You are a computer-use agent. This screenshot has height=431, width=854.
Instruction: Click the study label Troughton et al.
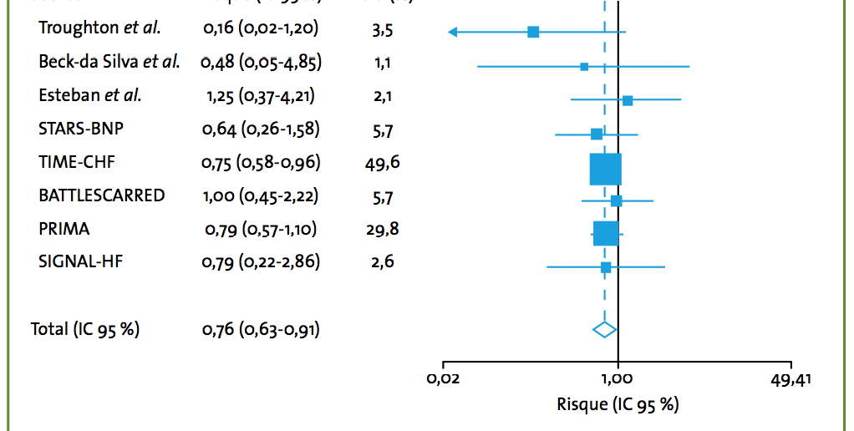click(99, 28)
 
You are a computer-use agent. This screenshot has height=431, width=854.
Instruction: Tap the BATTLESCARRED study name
click(101, 195)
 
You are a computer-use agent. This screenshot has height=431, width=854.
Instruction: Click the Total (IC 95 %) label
click(85, 329)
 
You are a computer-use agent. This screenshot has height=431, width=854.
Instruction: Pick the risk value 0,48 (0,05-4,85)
click(262, 62)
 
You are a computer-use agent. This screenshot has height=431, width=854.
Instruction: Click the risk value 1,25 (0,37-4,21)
click(261, 96)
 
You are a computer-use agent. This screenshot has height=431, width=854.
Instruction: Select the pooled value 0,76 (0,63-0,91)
click(261, 329)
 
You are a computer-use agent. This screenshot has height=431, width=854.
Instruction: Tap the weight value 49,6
click(383, 162)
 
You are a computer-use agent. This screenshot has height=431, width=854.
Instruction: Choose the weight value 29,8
click(383, 229)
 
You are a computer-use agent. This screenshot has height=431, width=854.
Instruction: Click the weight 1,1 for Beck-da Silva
click(383, 62)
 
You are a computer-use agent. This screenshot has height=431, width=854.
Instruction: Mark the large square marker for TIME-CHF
click(606, 169)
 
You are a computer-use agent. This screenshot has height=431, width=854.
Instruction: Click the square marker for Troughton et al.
click(533, 32)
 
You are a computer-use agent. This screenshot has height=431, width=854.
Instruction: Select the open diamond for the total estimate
click(604, 329)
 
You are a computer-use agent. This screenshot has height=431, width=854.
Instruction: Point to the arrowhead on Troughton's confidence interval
click(452, 32)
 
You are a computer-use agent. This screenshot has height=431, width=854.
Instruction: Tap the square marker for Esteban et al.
click(628, 100)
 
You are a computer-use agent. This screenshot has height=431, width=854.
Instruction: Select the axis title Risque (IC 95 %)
click(618, 405)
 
